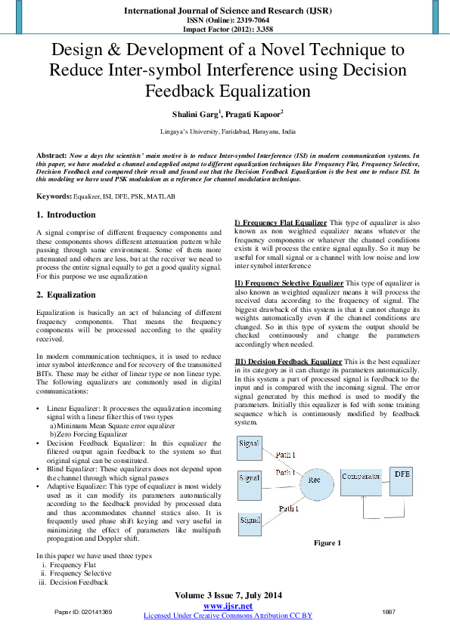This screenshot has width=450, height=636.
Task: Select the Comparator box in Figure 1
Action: [360, 478]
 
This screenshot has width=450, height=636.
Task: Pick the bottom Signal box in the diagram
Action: [250, 521]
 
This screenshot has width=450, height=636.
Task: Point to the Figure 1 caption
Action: [327, 542]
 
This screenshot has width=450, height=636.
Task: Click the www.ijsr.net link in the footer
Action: [228, 606]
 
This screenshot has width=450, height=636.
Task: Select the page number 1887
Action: [389, 611]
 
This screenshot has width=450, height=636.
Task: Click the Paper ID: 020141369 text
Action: [83, 611]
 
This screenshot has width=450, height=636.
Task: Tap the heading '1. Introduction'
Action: [67, 215]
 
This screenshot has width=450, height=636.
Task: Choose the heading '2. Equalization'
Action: [67, 295]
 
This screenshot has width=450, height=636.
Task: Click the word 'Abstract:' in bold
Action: [51, 154]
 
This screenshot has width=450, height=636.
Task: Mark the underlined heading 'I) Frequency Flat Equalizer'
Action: [281, 223]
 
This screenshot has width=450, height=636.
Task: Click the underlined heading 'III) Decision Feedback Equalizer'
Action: [289, 362]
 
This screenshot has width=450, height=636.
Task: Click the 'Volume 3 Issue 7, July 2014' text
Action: [228, 596]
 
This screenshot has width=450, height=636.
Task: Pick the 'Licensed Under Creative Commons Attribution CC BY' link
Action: [228, 616]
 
